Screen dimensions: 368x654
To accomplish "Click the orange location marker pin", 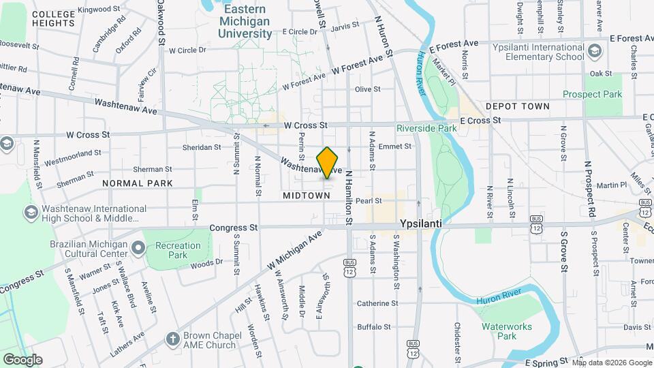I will (328, 163).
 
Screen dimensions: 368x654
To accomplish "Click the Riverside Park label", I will (427, 128).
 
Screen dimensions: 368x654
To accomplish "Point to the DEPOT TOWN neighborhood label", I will (517, 107).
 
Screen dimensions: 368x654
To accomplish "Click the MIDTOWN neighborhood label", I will (306, 196).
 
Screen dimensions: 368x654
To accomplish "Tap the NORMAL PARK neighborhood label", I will (137, 184).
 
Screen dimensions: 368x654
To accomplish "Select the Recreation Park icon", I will (138, 246).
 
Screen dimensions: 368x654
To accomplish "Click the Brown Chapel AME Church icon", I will (173, 339).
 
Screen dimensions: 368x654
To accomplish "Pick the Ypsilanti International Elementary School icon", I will (594, 51).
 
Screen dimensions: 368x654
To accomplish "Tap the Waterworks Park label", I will (508, 331).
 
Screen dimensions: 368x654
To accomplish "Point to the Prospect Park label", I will (592, 95).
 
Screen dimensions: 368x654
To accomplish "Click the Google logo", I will (22, 360).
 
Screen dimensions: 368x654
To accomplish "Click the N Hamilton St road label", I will (348, 198).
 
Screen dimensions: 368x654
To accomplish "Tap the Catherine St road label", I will (377, 303).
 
